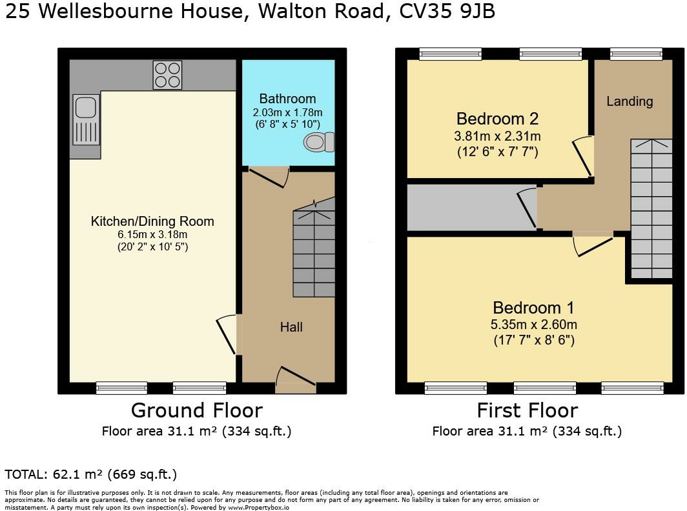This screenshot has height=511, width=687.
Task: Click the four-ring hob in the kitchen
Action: (167, 74)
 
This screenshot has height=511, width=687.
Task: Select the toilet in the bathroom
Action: (319, 142)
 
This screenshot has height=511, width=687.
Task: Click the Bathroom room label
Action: (287, 99)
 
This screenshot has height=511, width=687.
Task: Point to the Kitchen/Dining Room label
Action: (152, 221)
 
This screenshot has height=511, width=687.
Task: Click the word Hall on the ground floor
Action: (291, 327)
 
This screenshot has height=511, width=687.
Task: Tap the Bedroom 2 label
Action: (497, 119)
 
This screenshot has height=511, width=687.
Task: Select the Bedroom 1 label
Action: (533, 308)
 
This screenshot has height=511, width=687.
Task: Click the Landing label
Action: (630, 101)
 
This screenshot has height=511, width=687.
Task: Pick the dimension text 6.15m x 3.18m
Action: (152, 234)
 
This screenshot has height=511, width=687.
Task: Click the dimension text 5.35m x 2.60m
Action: (533, 325)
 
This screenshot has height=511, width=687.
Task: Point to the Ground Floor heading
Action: (196, 410)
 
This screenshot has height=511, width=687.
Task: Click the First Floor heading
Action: (527, 410)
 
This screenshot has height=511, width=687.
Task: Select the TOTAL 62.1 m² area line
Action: (90, 474)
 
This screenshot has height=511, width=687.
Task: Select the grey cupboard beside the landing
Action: (465, 208)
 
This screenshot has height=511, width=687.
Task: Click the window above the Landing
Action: (636, 54)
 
